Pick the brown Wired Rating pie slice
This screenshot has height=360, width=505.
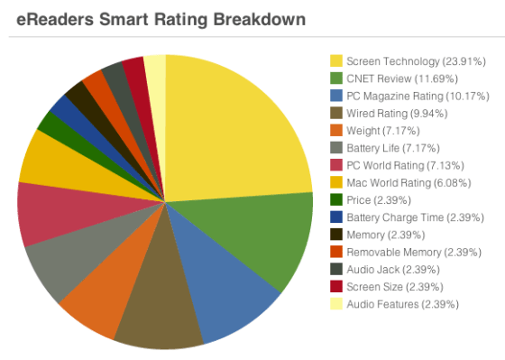163,312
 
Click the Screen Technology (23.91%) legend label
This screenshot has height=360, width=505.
416,61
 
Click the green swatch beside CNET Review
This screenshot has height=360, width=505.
335,78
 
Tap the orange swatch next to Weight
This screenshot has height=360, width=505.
335,131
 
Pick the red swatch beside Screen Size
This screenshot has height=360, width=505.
335,287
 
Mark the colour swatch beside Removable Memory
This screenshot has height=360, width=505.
335,253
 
